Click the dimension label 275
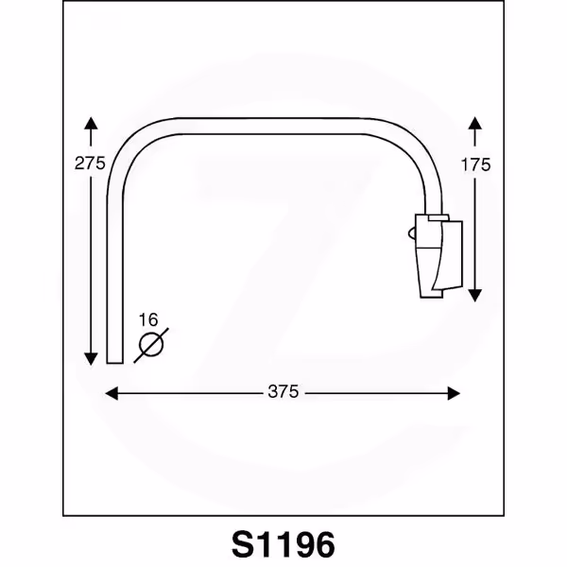click(x=90, y=163)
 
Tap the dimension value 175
click(x=476, y=164)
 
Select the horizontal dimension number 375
click(x=283, y=391)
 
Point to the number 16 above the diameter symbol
click(x=148, y=320)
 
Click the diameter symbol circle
click(x=151, y=345)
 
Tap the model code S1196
click(x=283, y=545)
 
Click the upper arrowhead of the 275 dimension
click(x=91, y=123)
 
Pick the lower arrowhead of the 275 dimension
click(x=91, y=359)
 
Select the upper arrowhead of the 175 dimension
click(x=474, y=123)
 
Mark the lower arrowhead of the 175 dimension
click(x=474, y=296)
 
